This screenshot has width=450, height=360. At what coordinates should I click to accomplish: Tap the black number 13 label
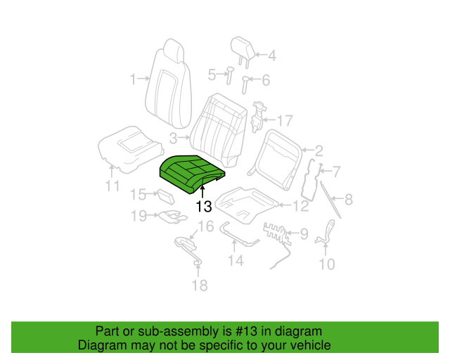[204, 207]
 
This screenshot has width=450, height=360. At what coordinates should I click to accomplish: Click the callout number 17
[284, 121]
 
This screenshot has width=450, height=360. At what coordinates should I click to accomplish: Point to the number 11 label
[112, 186]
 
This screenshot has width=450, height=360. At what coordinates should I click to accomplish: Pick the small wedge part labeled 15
[166, 196]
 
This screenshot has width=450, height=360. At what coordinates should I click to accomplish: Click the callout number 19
[139, 216]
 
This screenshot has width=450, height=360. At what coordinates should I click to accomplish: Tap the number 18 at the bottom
[200, 285]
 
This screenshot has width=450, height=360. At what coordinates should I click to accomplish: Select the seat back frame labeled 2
[275, 161]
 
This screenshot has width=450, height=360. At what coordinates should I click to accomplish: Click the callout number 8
[349, 199]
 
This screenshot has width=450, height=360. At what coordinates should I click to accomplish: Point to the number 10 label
[327, 264]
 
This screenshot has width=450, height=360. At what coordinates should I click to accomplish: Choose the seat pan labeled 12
[247, 205]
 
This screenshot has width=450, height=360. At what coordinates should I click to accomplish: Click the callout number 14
[236, 261]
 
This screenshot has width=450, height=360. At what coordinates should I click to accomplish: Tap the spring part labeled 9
[277, 236]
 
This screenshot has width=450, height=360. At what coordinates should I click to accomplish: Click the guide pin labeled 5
[230, 75]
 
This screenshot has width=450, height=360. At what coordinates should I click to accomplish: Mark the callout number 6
[266, 80]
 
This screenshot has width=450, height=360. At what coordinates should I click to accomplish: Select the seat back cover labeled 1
[169, 84]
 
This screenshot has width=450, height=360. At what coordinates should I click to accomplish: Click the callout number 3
[173, 139]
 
